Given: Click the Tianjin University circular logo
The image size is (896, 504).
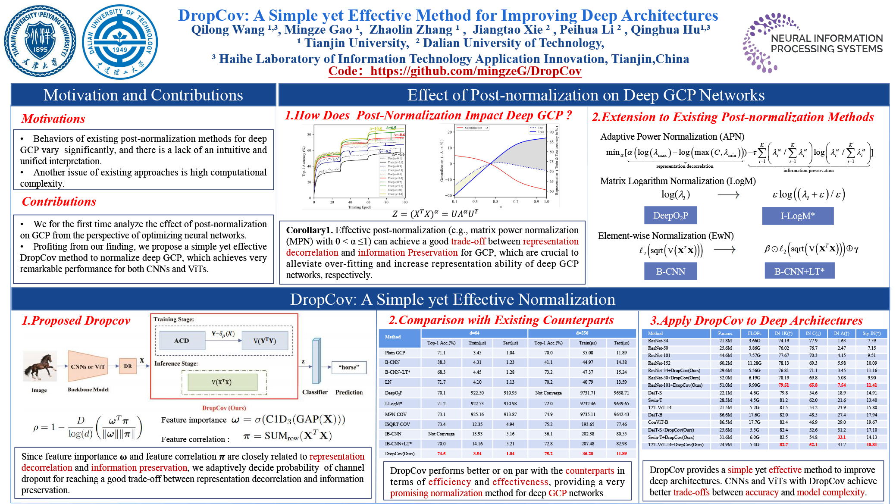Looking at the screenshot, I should click(x=40, y=41).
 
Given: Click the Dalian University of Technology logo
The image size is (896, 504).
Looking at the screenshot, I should click(x=120, y=42).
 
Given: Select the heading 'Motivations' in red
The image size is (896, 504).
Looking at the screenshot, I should click(x=53, y=119).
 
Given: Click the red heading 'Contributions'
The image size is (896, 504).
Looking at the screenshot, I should click(x=59, y=201).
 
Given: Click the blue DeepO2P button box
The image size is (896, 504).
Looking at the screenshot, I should click(x=670, y=215).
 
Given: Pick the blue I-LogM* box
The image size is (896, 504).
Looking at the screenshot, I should click(x=798, y=216).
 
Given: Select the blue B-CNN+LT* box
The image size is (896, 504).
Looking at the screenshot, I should click(x=799, y=271).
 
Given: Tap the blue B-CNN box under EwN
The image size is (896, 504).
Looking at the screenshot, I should click(x=670, y=271).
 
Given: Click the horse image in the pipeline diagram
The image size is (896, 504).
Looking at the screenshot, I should click(x=39, y=366).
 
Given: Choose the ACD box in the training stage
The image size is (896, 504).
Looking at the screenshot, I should click(x=182, y=341).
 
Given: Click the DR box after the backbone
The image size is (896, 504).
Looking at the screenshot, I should click(x=128, y=366).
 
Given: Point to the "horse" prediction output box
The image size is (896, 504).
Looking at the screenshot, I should click(x=349, y=367).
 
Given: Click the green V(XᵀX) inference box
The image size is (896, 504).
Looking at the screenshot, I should click(x=222, y=382).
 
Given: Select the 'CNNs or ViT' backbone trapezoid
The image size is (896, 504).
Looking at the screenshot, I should click(x=88, y=366).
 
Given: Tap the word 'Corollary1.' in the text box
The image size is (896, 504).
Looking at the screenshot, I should click(x=309, y=230).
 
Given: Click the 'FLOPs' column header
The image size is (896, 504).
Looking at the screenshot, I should click(x=754, y=333).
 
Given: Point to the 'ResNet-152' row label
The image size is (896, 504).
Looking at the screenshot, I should click(x=659, y=363).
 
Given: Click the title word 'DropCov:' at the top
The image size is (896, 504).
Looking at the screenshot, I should click(x=213, y=16).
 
